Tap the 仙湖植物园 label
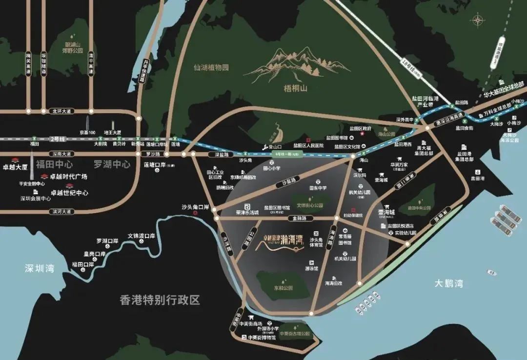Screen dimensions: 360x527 pos(211,68)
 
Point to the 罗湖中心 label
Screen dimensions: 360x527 pos(112,164)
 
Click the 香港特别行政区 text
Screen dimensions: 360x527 pos(160,300)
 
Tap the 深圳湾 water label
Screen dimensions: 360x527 pos(40,268)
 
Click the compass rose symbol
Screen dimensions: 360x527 pos(477,20)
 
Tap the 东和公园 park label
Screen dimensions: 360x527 pos(283,288)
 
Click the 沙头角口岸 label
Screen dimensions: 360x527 pos(195,207)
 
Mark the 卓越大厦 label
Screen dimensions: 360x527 pos(15,166)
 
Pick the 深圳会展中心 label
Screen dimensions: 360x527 pos(36,199)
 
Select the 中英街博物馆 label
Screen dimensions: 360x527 pos(262,337)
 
